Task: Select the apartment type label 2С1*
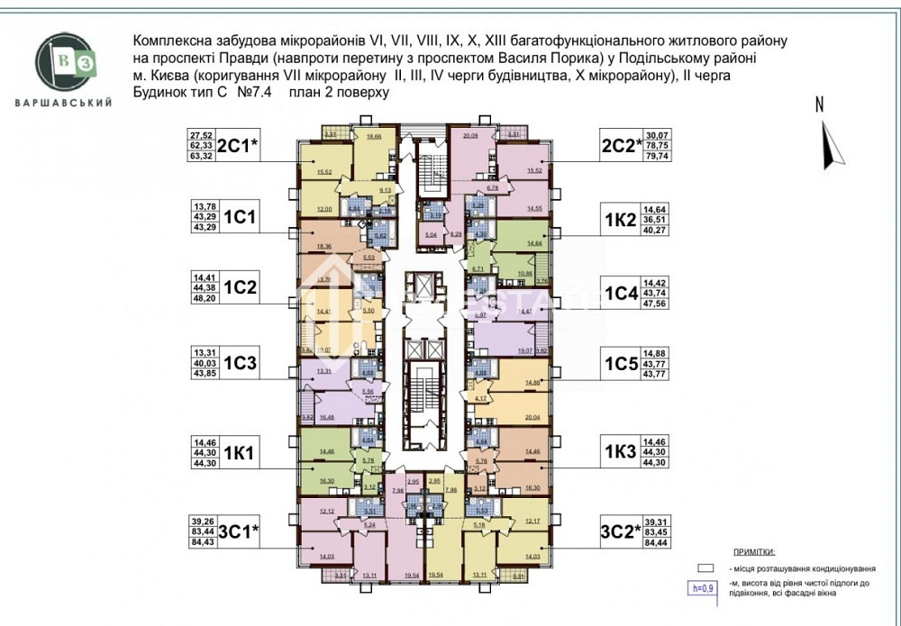(x=241, y=144)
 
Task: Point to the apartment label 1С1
(x=241, y=217)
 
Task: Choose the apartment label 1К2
(x=621, y=220)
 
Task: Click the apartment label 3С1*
(x=241, y=531)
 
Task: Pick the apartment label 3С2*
(x=623, y=531)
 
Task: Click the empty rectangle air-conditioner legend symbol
(x=705, y=569)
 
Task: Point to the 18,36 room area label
(x=323, y=244)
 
